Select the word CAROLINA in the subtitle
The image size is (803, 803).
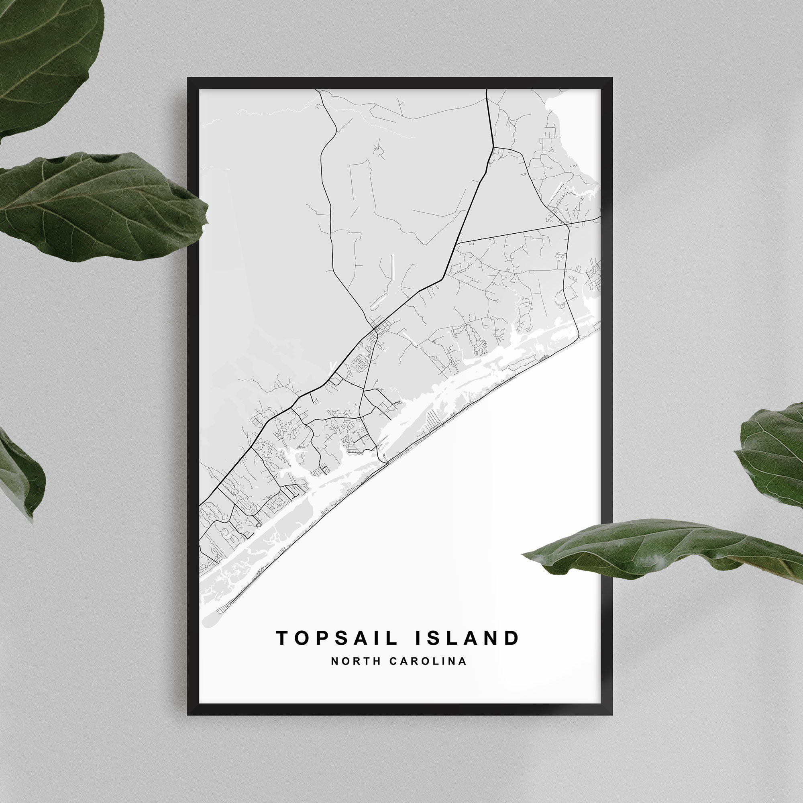click(428, 661)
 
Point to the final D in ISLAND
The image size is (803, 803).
click(513, 638)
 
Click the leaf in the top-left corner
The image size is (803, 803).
click(46, 54)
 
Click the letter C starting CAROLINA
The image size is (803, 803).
click(392, 661)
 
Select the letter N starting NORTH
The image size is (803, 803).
click(334, 661)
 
